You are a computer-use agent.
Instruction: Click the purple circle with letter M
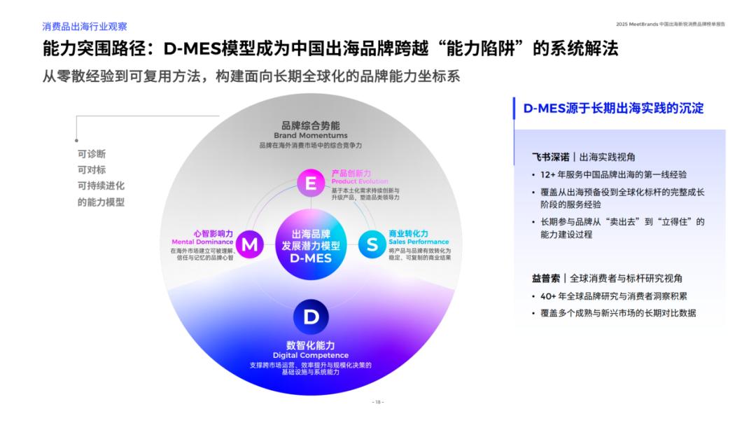(x=248, y=244)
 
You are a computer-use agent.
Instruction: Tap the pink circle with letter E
(x=311, y=183)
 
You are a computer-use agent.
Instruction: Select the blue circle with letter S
(x=372, y=244)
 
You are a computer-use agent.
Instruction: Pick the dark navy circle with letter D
(x=311, y=317)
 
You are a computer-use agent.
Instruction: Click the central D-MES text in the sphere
(x=311, y=258)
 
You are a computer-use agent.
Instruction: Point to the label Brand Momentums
(x=310, y=135)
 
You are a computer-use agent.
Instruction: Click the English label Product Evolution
(x=360, y=181)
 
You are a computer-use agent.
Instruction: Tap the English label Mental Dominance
(x=202, y=242)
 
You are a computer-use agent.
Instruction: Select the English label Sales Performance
(x=419, y=242)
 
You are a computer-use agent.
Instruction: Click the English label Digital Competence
(x=310, y=356)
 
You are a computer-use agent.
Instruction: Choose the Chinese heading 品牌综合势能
(x=310, y=125)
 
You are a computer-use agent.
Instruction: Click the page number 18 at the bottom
(x=378, y=402)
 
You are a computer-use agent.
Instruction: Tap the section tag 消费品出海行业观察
(x=84, y=27)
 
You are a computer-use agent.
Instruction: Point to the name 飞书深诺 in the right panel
(x=550, y=157)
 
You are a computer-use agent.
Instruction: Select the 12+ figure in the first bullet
(x=548, y=174)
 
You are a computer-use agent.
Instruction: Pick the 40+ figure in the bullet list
(x=549, y=296)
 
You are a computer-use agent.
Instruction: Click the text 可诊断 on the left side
(x=92, y=154)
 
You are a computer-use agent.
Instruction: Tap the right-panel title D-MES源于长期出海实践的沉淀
(x=613, y=108)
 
